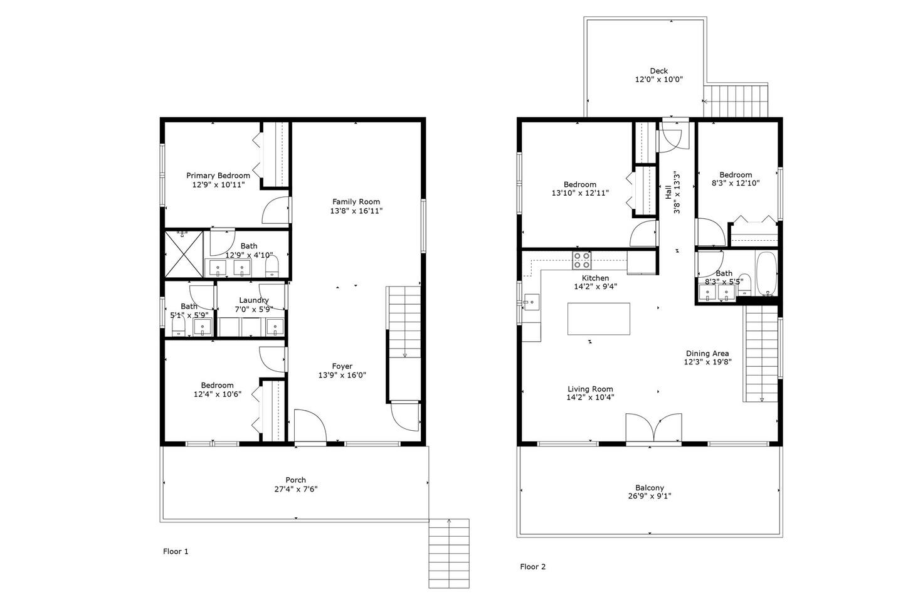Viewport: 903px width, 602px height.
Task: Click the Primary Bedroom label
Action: (218, 176)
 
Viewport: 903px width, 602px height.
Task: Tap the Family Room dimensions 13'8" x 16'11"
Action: (356, 211)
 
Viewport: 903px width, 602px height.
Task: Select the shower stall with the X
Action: (184, 255)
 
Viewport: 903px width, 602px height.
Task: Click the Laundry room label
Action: (253, 300)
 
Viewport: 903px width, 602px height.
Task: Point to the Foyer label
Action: (342, 366)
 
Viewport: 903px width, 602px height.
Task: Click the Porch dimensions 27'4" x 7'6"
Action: (296, 489)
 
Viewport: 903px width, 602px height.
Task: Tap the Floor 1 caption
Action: (176, 551)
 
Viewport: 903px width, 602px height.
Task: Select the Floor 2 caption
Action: (532, 566)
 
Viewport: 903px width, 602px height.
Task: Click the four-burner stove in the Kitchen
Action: (582, 260)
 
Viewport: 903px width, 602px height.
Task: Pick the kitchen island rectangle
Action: (599, 319)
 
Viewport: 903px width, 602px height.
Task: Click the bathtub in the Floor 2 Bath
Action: (766, 274)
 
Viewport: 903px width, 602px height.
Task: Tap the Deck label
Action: (658, 71)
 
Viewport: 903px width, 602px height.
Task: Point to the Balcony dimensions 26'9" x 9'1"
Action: (650, 496)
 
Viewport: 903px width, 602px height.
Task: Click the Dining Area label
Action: (707, 354)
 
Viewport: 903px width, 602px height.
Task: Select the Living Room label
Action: (590, 389)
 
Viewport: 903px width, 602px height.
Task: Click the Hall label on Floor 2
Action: (668, 192)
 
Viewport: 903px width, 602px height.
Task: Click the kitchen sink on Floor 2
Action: (531, 302)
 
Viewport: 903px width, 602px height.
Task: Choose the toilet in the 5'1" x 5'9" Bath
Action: (178, 326)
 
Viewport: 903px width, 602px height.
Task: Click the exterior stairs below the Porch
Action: (449, 553)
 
